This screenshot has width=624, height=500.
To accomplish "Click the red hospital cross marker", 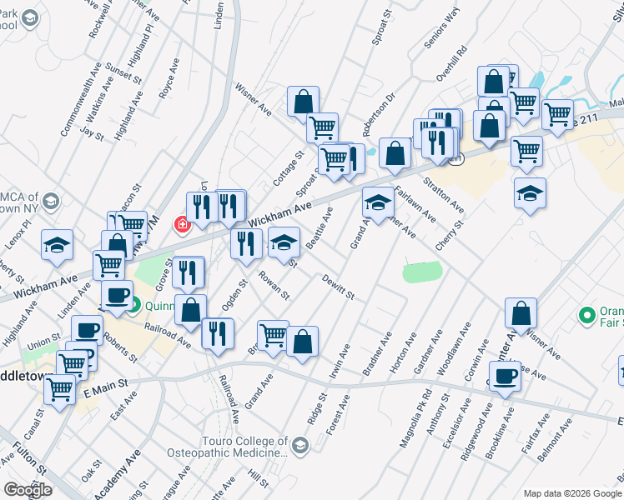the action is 181,224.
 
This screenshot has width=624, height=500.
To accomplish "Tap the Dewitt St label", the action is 339,288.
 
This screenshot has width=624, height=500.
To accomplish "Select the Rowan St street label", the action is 273,283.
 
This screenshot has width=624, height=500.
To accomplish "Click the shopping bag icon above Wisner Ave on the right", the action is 521,315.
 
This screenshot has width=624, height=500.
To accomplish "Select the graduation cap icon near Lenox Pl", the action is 57,244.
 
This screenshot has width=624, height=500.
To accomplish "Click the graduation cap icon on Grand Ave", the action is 378,202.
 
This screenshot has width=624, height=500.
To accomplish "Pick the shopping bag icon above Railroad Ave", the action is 191,310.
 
